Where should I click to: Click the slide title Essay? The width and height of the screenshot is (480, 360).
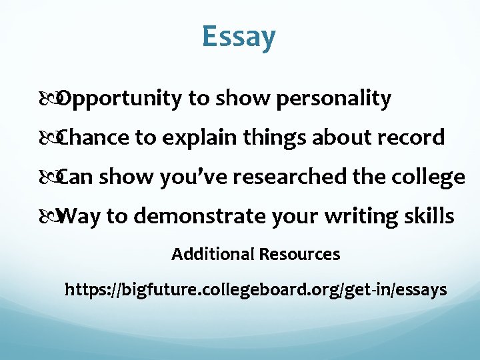click(239, 37)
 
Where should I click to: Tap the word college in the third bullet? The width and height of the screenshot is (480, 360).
click(429, 177)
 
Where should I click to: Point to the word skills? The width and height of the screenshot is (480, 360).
click(431, 217)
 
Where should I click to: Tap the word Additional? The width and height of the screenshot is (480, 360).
click(213, 254)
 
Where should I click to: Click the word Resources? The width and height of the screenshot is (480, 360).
click(299, 254)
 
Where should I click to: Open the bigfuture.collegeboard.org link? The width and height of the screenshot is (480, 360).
click(255, 291)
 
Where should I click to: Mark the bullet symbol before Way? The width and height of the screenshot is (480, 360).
click(53, 217)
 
